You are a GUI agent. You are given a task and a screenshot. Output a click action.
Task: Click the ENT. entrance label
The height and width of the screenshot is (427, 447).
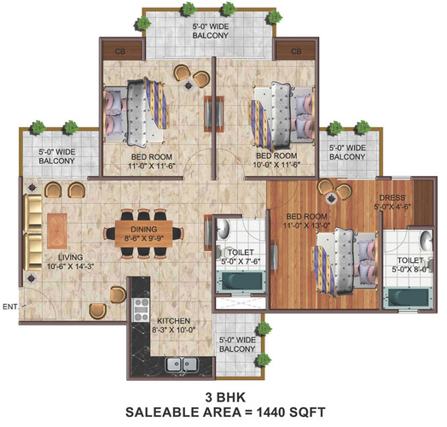pyautogui.click(x=10, y=307)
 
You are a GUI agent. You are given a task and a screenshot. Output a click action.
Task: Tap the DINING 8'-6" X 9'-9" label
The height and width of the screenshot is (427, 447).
pyautogui.click(x=144, y=234)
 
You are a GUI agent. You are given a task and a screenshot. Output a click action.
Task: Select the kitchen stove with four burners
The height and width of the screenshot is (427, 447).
pyautogui.click(x=142, y=310)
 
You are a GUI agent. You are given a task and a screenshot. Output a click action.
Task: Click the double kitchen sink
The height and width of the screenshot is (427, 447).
pyautogui.click(x=182, y=365)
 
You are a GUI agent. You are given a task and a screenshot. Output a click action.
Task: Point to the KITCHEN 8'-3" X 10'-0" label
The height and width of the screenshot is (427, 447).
pyautogui.click(x=174, y=325)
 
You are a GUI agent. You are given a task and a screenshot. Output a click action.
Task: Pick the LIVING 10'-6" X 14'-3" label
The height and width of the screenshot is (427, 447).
pyautogui.click(x=71, y=261)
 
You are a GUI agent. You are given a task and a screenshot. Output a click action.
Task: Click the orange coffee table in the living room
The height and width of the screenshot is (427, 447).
pyautogui.click(x=57, y=231)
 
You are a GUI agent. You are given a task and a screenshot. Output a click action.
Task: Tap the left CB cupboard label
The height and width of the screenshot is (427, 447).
pyautogui.click(x=120, y=51)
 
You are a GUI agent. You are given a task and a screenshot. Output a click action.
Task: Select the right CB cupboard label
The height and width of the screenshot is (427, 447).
pyautogui.click(x=296, y=51)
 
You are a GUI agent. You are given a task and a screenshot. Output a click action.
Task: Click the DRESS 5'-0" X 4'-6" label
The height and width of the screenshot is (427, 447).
pyautogui.click(x=392, y=202)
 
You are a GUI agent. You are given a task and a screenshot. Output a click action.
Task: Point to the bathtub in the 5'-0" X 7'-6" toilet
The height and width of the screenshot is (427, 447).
pyautogui.click(x=241, y=281)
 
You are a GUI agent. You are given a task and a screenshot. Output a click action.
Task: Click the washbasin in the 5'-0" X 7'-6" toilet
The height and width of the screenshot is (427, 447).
pyautogui.click(x=223, y=229)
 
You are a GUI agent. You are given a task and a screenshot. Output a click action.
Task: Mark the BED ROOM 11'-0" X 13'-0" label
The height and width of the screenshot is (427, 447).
pyautogui.click(x=306, y=221)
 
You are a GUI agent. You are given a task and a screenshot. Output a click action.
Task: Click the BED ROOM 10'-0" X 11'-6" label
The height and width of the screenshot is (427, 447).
pyautogui.click(x=276, y=161)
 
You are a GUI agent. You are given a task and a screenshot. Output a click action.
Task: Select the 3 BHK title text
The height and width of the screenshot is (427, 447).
pyautogui.click(x=225, y=397)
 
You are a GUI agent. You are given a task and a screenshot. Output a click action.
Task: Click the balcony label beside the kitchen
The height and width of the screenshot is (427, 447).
pyautogui.click(x=237, y=344)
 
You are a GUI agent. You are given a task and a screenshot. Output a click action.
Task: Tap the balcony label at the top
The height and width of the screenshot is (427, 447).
pyautogui.click(x=211, y=31)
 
